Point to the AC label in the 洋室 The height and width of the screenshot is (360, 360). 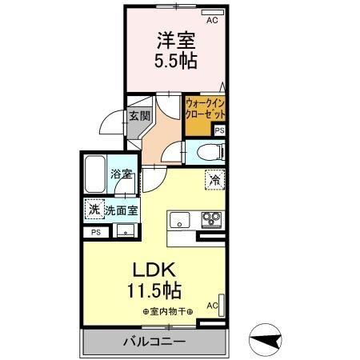(212, 22)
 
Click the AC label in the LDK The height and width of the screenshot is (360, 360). (213, 306)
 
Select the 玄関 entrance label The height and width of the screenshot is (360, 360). (140, 115)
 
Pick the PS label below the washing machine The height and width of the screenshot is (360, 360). (97, 232)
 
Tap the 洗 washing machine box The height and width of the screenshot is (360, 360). (94, 210)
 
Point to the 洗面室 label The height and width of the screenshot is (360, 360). (121, 211)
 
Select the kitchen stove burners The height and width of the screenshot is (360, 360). (212, 218)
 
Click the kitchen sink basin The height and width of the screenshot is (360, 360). (177, 218)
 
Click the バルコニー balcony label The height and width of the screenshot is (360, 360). (154, 342)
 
